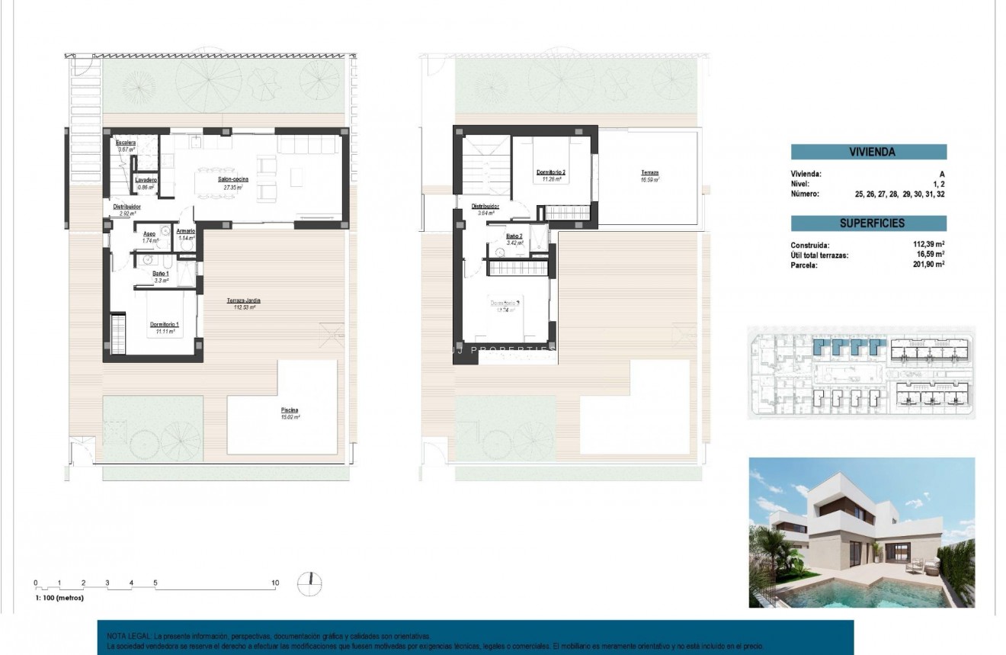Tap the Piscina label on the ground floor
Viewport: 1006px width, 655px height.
[288, 409]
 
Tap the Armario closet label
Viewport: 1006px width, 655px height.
[185, 230]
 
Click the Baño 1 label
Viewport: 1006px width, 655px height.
[160, 273]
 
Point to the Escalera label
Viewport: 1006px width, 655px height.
[126, 143]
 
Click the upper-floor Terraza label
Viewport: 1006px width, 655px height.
[649, 173]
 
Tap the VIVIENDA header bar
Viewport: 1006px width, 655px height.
[868, 152]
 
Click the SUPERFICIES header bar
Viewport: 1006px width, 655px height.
[868, 223]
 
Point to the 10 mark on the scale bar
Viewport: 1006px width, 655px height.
[275, 583]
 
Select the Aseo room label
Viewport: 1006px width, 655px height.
[149, 235]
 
